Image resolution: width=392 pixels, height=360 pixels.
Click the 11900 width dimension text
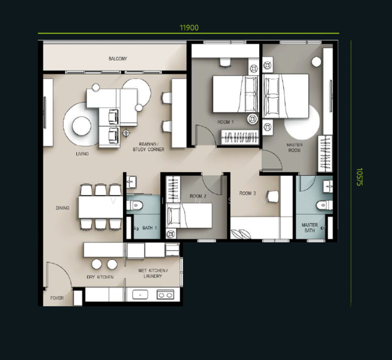189,28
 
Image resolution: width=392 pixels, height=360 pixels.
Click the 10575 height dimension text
359,176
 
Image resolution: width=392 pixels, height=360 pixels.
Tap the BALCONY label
118,59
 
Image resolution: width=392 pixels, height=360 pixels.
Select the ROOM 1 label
226,122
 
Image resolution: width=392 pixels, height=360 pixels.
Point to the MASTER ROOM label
295,148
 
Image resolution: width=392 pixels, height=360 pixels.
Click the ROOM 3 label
247,193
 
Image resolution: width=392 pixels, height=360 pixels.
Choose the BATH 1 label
149,228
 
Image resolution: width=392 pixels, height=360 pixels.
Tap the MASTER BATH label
310,227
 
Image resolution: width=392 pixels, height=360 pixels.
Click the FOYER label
57,298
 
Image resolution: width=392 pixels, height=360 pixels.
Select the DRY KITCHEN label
100,277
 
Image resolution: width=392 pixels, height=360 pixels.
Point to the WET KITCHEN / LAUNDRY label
152,274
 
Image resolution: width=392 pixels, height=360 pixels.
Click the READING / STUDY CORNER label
148,147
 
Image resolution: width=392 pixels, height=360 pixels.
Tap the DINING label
62,208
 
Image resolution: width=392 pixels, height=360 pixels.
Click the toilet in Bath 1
134,205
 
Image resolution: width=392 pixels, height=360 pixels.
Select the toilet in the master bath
324,205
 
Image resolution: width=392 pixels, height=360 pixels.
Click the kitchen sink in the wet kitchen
140,295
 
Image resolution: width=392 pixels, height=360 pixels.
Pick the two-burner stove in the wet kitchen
165,295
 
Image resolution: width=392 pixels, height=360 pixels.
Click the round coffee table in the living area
82,126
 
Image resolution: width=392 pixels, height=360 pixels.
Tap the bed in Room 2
189,215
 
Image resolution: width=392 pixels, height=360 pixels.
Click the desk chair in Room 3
273,196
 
